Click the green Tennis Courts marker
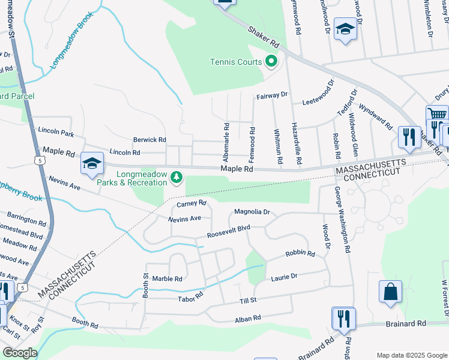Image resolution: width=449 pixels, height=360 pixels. click(x=271, y=61)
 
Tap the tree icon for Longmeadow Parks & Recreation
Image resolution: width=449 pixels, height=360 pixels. click(x=176, y=176)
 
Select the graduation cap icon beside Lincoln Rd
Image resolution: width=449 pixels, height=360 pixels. click(x=92, y=163)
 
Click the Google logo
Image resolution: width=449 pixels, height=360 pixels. click(x=20, y=353)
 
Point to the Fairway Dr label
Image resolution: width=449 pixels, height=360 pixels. click(x=272, y=95)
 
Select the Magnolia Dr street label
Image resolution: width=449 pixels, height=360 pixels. click(x=252, y=212)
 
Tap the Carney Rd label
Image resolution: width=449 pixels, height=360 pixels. click(x=191, y=204)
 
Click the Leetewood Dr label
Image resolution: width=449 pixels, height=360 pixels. click(x=318, y=93)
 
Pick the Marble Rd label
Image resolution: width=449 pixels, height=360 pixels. click(x=167, y=278)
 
